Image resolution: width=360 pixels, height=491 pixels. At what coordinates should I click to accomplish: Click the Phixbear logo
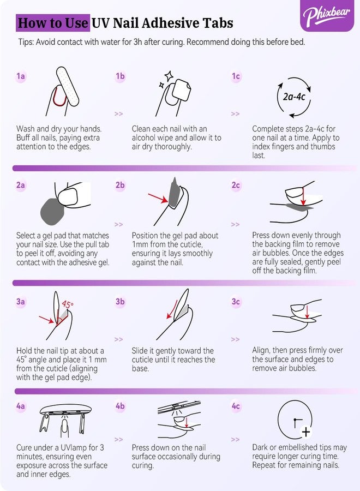click(326, 16)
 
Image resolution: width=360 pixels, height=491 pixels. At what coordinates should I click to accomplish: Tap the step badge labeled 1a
click(21, 76)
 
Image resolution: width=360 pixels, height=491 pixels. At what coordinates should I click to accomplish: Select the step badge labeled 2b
click(120, 185)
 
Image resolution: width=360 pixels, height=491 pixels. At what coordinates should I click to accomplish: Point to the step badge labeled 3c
click(236, 302)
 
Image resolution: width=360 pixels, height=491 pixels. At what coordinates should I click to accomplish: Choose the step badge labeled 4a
click(21, 406)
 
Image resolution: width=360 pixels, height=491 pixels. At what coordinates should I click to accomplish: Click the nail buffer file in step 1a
click(68, 86)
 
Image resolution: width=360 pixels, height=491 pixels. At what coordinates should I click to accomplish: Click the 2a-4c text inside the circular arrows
click(294, 97)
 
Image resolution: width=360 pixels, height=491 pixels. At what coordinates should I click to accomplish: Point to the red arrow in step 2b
click(158, 198)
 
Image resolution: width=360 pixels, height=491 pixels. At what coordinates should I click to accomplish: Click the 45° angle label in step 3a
click(68, 304)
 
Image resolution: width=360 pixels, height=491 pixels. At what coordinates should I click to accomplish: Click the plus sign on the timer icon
click(306, 432)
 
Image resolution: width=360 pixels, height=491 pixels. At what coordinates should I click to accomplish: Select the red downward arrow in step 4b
click(187, 422)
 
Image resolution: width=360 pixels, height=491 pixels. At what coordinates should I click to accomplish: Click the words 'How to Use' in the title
click(53, 23)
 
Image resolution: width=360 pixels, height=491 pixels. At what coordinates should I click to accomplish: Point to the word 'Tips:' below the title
click(26, 42)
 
